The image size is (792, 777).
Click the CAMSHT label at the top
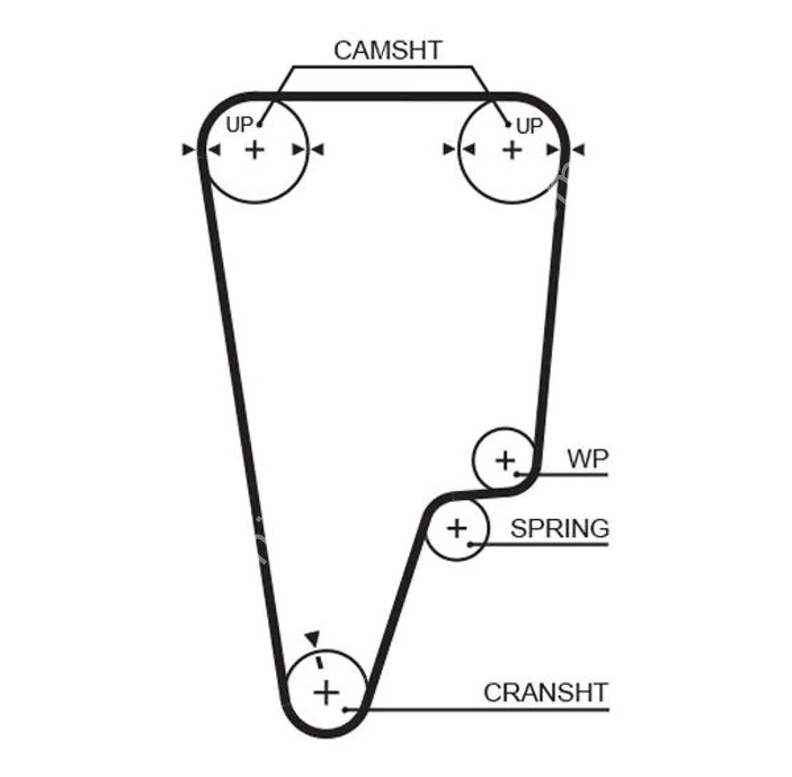click(x=387, y=51)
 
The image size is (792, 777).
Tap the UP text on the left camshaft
click(x=239, y=124)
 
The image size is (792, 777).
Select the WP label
click(x=587, y=458)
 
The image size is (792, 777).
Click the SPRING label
click(x=559, y=528)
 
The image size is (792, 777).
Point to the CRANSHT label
click(x=545, y=692)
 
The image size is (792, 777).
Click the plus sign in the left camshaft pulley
click(x=254, y=149)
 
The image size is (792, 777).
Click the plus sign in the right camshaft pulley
click(x=511, y=149)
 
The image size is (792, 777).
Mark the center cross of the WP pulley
click(x=505, y=460)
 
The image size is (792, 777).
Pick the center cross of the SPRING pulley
click(x=457, y=529)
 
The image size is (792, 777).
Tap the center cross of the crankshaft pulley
click(x=326, y=691)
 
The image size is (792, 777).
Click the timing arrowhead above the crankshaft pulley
click(x=312, y=637)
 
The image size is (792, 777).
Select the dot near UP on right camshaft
click(x=508, y=124)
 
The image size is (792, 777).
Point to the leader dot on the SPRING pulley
click(x=470, y=544)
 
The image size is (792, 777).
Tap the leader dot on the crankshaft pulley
click(x=344, y=709)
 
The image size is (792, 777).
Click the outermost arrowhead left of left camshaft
click(x=187, y=149)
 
